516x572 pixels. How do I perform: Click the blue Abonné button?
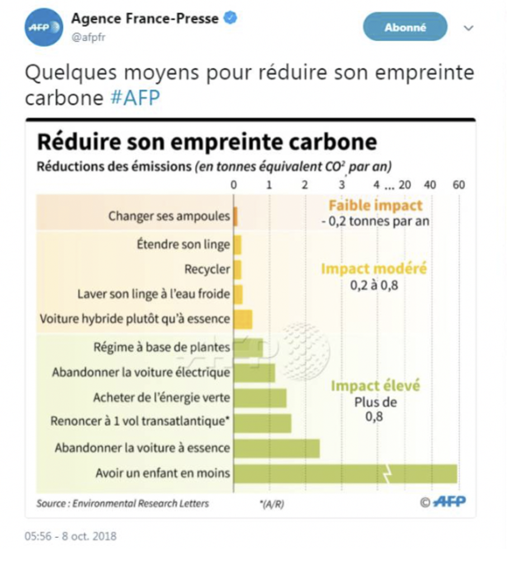pos(405,27)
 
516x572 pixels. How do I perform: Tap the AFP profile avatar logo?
pos(43,27)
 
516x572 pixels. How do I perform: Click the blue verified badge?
pos(230,18)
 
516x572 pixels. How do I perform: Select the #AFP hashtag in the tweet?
pos(135,98)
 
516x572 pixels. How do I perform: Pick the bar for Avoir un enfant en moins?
pos(345,474)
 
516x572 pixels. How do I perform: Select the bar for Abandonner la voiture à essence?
pos(277,448)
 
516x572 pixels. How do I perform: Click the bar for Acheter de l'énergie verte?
pos(260,398)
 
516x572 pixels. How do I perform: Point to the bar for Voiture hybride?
pos(243,319)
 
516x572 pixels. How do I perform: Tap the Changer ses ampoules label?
pos(169,216)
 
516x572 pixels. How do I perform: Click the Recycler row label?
pos(207,269)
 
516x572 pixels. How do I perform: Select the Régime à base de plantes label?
pos(162,347)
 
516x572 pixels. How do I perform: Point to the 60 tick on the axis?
pos(458,185)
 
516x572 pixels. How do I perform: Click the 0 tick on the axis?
pos(234,185)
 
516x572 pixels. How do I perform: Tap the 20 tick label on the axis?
pos(405,185)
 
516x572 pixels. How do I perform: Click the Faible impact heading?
pos(375,205)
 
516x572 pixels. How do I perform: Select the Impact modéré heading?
pos(374,269)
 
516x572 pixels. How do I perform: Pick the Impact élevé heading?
pos(375,385)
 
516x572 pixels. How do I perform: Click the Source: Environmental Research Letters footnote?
pos(122,503)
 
